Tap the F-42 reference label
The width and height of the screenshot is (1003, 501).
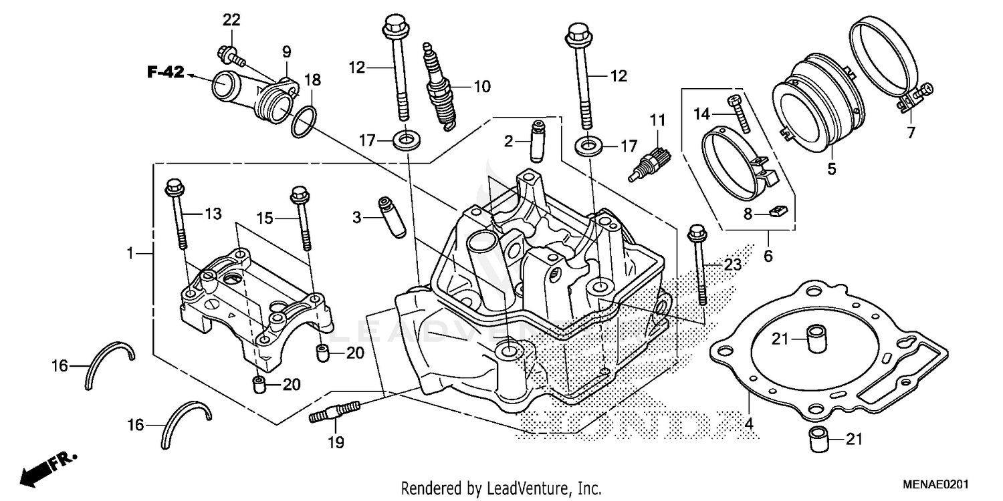[165, 73]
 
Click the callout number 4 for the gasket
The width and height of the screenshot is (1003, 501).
[749, 424]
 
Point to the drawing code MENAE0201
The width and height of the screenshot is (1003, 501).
[937, 485]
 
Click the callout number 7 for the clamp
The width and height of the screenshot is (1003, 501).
[910, 133]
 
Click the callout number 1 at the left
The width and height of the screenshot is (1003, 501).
[131, 253]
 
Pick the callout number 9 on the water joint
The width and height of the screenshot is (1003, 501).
[286, 51]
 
